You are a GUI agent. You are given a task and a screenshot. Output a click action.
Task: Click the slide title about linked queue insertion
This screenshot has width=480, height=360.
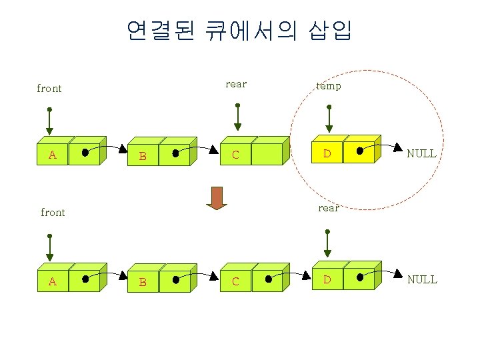click(x=239, y=29)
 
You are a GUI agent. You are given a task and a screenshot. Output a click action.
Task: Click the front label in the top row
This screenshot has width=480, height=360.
click(x=49, y=89)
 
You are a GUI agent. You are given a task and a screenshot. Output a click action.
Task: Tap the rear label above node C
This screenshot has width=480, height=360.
click(x=236, y=84)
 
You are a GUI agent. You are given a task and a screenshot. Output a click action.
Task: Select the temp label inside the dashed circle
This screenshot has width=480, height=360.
click(x=328, y=86)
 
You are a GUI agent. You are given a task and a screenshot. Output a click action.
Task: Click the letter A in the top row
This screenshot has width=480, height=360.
click(x=52, y=155)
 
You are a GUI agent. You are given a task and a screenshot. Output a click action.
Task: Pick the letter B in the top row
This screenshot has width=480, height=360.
click(x=142, y=157)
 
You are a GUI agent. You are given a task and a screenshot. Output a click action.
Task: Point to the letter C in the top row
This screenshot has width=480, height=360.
click(x=235, y=155)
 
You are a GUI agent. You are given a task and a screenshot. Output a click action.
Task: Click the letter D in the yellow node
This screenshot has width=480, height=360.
click(x=327, y=154)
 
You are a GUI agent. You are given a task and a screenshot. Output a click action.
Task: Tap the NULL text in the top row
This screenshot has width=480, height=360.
click(x=421, y=153)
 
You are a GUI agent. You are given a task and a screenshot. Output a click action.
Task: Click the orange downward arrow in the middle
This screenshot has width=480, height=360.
click(x=217, y=198)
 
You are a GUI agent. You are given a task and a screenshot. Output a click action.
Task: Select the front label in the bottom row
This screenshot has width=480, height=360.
click(x=53, y=213)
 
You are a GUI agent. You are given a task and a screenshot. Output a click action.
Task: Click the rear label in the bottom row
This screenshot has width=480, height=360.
click(x=328, y=208)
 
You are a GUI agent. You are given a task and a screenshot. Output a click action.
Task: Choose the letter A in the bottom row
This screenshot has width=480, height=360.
click(x=52, y=281)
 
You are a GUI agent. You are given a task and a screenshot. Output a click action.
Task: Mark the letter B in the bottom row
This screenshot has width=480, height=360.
click(x=142, y=283)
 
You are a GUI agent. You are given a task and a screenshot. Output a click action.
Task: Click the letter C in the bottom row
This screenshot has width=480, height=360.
click(x=235, y=281)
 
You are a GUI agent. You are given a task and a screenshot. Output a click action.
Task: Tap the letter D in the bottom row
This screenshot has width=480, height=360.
click(x=327, y=279)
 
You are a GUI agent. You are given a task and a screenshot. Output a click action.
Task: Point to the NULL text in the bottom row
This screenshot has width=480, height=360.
click(x=422, y=279)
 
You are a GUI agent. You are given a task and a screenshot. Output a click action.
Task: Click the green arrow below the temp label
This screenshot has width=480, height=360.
click(x=327, y=118)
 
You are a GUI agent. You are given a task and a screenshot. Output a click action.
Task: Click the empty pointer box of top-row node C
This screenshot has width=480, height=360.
click(x=267, y=154)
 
